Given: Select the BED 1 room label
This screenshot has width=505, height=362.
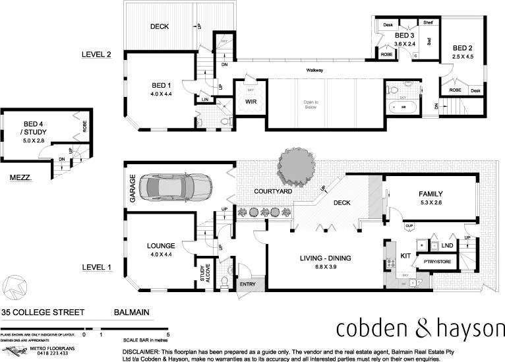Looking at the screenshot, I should [160, 85].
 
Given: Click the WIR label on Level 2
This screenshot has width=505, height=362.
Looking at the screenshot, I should [251, 102].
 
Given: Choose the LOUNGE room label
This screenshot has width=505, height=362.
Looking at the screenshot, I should [161, 245].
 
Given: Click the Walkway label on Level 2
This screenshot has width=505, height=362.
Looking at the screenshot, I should [314, 71].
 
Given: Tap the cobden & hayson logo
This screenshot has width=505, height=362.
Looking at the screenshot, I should [420, 327].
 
